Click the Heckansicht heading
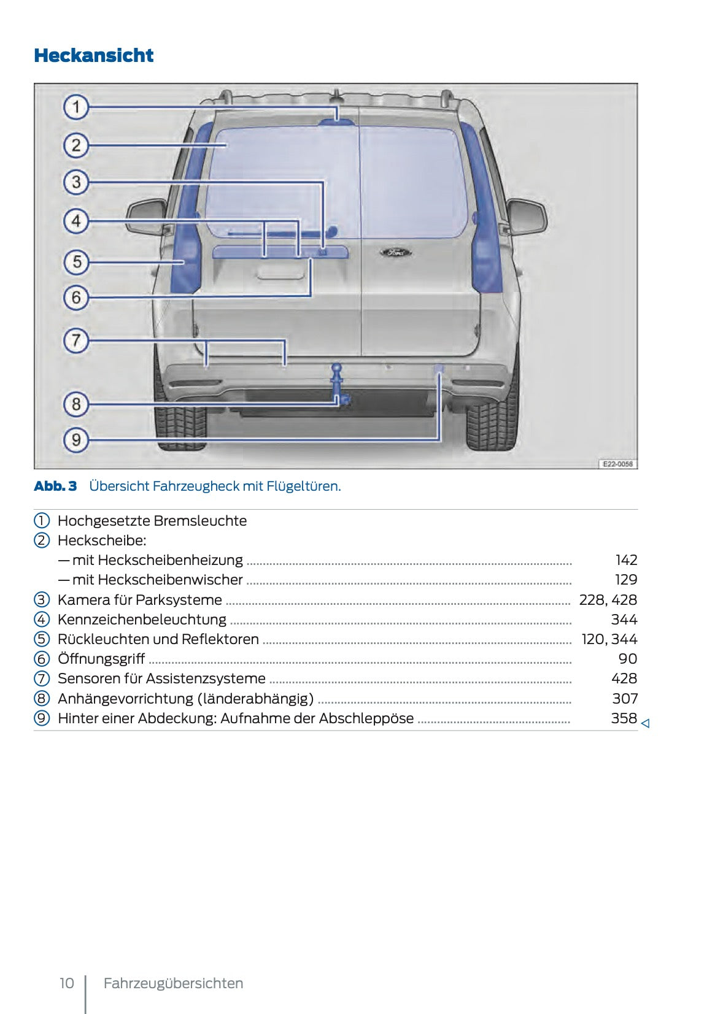point(93,56)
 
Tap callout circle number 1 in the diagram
point(76,107)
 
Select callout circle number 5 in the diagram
point(76,262)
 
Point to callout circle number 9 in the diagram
point(76,439)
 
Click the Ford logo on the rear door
point(395,252)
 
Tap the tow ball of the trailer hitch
point(337,369)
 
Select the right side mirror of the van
point(527,216)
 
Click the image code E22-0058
point(617,464)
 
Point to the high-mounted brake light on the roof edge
point(336,121)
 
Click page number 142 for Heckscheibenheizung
point(626,560)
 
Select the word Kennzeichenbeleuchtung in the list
point(142,620)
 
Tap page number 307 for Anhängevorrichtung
point(624,699)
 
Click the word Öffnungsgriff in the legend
point(101,659)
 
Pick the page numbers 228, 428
point(608,600)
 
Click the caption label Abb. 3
point(55,486)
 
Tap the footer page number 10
point(66,983)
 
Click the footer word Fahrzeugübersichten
point(173,983)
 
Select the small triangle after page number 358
point(645,724)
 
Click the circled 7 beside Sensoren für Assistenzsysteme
point(41,678)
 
